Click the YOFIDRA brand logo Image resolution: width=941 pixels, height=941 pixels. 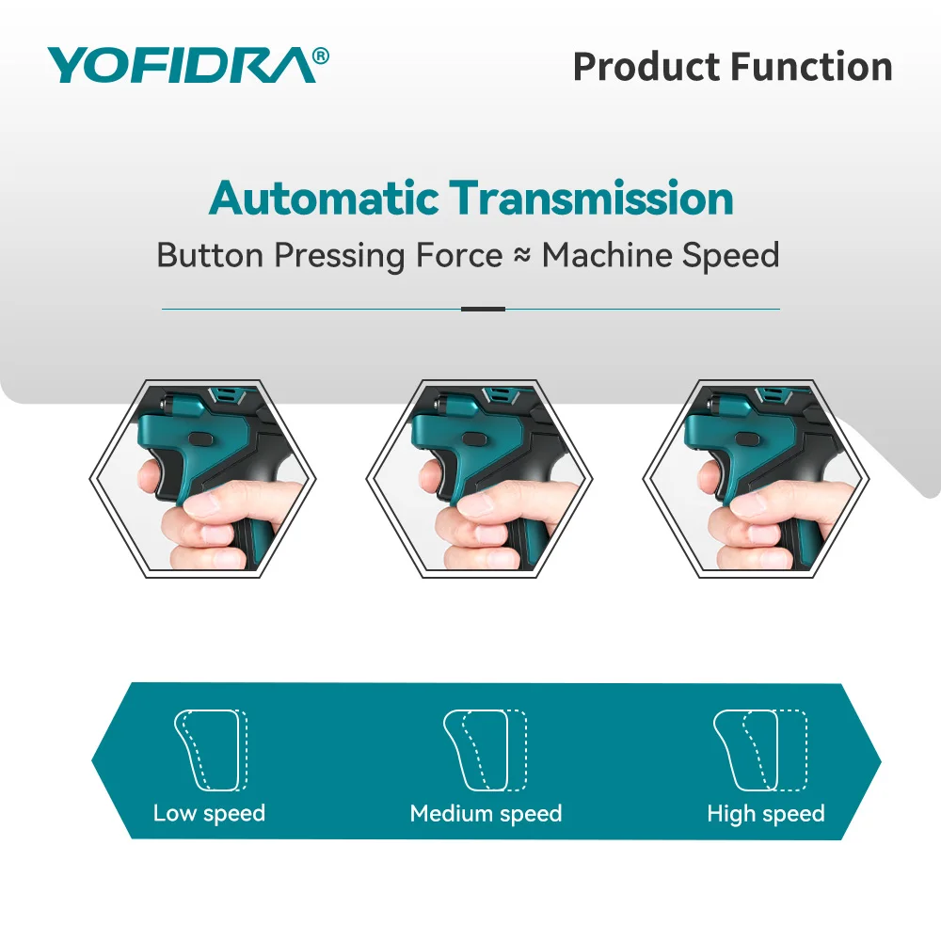pos(188,65)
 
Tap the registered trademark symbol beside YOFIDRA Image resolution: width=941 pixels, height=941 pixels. pos(321,56)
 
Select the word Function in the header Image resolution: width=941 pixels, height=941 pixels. pos(811,66)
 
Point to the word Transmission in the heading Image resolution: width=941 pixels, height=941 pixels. pos(591,198)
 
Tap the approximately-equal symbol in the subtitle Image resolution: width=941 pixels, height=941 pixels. pos(522,256)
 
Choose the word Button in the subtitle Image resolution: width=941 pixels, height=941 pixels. pos(210,256)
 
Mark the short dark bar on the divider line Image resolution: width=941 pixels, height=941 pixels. pos(483,309)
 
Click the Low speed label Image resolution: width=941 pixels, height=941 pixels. pos(209,813)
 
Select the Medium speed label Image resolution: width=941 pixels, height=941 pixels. pos(486,813)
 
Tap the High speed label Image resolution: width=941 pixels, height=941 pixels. pos(766,813)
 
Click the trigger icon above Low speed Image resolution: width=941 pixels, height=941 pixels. pos(211,750)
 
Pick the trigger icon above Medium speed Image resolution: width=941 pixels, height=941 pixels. pos(485,750)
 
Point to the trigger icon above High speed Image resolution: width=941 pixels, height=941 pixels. pos(759,750)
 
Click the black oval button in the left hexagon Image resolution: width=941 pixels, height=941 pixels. pos(201,439)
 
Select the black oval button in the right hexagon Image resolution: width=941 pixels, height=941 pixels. pos(751,439)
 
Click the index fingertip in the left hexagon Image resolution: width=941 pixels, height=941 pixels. pos(149,478)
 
